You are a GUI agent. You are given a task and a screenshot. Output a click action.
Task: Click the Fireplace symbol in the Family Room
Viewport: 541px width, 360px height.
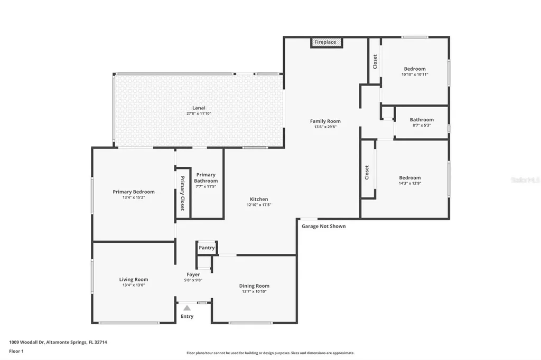[x=326, y=42]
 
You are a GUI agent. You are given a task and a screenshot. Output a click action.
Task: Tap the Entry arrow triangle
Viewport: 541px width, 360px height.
[x=186, y=308]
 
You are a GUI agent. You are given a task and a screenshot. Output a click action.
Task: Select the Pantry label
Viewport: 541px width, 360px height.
[x=207, y=248]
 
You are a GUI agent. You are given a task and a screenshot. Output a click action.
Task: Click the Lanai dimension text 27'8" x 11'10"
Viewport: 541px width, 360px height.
[x=199, y=113]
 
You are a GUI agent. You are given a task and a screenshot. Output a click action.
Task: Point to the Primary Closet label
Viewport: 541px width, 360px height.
[x=183, y=193]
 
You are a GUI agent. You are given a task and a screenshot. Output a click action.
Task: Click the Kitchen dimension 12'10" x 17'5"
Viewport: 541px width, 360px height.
[x=259, y=205]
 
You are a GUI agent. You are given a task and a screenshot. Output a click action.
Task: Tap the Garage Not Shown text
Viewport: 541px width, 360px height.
[x=323, y=226]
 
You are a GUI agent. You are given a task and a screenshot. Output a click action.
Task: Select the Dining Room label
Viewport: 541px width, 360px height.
[x=255, y=286]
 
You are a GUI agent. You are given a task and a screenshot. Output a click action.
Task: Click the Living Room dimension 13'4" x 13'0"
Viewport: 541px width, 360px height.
[x=134, y=285]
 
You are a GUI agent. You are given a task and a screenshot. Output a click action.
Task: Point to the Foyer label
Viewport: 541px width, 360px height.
[x=193, y=274]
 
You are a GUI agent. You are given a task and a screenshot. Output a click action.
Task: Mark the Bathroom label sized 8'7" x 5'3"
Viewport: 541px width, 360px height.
[x=422, y=120]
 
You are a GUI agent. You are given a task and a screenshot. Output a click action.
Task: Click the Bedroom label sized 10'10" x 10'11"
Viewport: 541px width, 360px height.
[x=415, y=69]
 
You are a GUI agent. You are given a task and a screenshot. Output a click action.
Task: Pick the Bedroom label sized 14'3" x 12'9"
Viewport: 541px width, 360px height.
[x=410, y=178]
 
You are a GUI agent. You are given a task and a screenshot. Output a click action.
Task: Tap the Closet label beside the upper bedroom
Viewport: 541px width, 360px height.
[x=375, y=62]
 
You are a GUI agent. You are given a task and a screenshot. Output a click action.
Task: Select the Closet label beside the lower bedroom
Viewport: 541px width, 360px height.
[x=367, y=173]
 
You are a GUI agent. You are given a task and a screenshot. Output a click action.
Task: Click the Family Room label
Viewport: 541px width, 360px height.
[x=325, y=121]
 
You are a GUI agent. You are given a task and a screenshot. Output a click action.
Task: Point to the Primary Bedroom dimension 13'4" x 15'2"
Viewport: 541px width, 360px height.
[x=134, y=197]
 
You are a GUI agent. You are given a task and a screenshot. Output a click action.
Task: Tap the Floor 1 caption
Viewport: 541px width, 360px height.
[x=16, y=351]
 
